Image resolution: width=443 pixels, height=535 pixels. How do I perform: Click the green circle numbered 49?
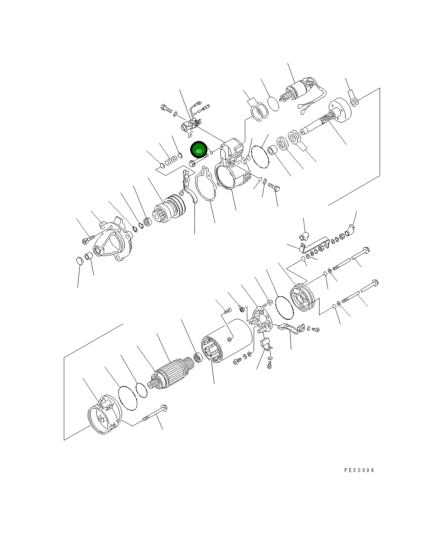pos(199,151)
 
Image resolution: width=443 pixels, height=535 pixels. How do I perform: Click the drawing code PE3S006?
pos(359,470)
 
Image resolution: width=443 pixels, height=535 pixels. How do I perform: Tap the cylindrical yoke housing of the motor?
pos(227,341)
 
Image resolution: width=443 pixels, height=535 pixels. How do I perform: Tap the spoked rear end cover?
pos(302,297)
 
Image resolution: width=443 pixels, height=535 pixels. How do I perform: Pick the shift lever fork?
pos(187,188)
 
